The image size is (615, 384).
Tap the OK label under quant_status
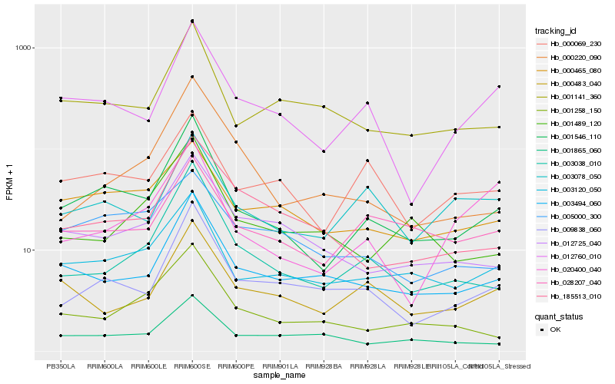(x=555, y=329)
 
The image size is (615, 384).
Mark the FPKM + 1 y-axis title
(x=9, y=181)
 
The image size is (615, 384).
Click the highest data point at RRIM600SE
(x=192, y=21)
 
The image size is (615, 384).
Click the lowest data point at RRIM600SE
(x=192, y=295)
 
